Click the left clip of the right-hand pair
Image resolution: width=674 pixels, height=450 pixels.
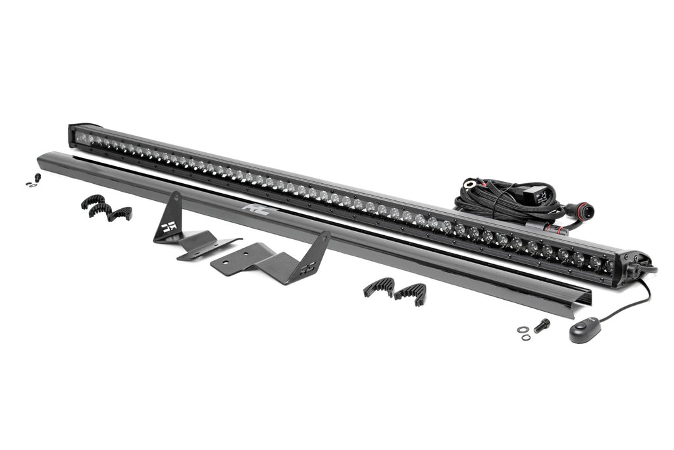click(x=378, y=287)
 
